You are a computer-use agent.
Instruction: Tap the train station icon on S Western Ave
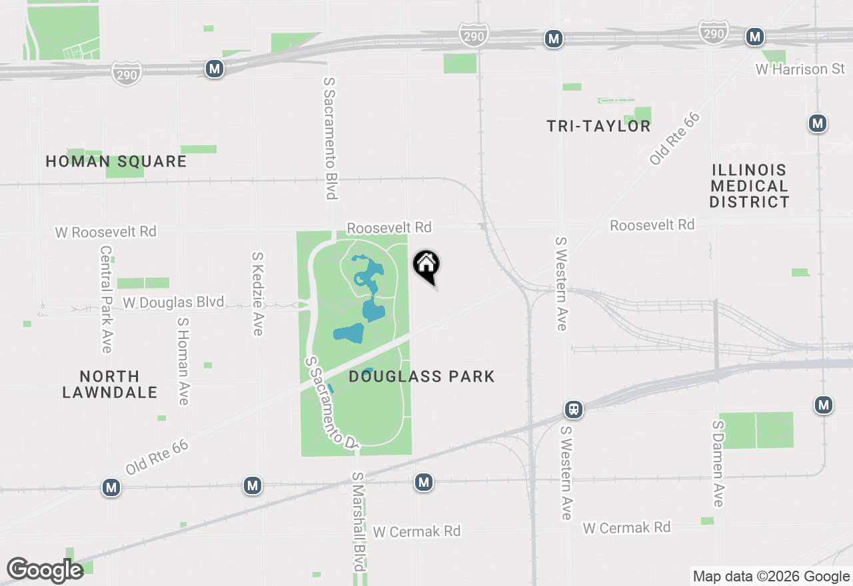click(573, 410)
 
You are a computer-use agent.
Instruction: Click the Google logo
click(45, 570)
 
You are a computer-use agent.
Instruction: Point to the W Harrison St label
click(800, 69)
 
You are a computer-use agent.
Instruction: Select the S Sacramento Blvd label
click(330, 138)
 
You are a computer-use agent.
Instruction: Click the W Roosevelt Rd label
click(106, 232)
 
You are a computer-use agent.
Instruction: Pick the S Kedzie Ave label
click(258, 294)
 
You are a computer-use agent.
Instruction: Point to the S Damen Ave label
click(718, 463)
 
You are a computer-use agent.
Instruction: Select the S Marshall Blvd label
click(359, 521)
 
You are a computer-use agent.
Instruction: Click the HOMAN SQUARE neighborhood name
click(116, 161)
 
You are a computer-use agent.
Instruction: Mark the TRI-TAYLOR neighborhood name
click(598, 126)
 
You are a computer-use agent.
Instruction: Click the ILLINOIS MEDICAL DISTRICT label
click(749, 186)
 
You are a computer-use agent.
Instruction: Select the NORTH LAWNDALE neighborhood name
click(109, 384)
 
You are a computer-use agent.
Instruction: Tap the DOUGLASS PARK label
click(422, 376)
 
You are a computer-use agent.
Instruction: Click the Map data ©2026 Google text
click(771, 577)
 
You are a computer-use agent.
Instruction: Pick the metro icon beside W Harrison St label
click(754, 37)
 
